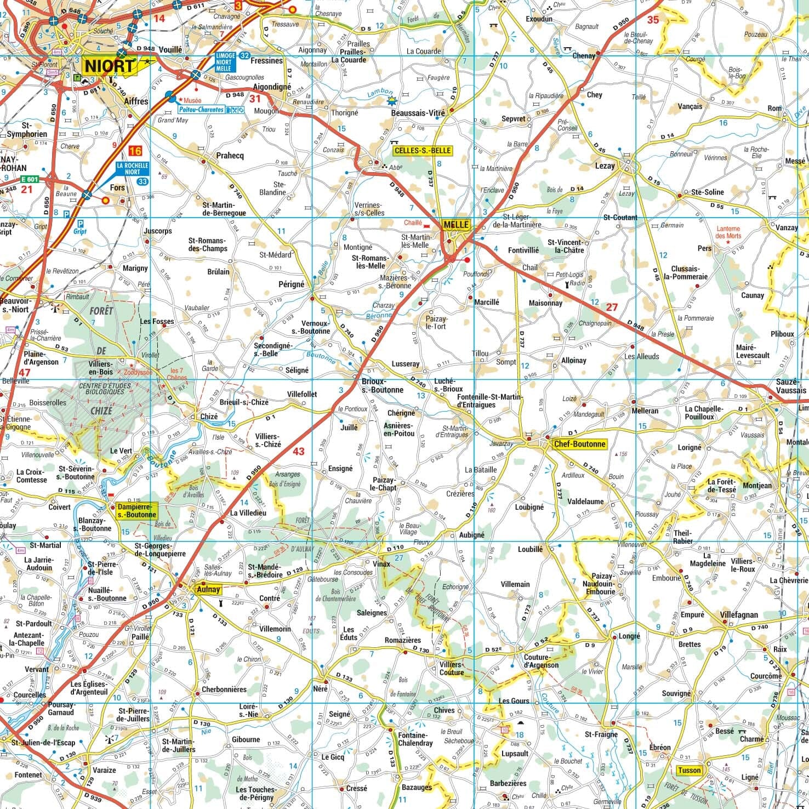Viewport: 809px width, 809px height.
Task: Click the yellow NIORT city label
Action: click(x=110, y=66)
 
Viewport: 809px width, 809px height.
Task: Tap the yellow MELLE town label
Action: click(x=456, y=225)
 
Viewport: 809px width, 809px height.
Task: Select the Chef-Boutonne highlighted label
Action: click(x=580, y=444)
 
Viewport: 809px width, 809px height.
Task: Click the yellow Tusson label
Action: click(x=689, y=770)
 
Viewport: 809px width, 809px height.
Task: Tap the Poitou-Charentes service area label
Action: click(x=201, y=110)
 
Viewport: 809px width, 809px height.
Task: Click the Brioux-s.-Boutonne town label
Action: click(x=382, y=385)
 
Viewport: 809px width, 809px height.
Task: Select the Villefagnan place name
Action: click(x=739, y=614)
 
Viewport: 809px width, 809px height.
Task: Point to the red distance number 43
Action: click(x=298, y=452)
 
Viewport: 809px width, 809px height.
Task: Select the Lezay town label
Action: click(x=605, y=164)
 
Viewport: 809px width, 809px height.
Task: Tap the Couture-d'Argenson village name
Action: click(x=541, y=661)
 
